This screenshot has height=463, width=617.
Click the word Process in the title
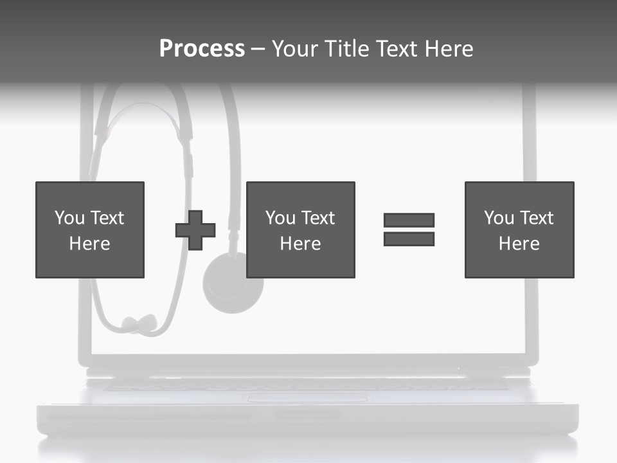point(202,49)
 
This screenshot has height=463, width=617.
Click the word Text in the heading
point(395,49)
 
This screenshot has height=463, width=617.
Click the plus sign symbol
point(195,230)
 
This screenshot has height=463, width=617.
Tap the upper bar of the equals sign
point(409,221)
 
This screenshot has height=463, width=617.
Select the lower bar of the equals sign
point(409,239)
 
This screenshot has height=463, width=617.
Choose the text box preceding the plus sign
point(90,230)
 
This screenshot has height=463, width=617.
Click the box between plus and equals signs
point(300,230)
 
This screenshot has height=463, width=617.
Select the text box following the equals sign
point(519,230)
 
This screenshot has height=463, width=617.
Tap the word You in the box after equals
point(499,218)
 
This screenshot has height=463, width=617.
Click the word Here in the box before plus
point(90,243)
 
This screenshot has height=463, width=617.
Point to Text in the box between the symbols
point(319,218)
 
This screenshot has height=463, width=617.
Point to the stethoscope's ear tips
point(139,323)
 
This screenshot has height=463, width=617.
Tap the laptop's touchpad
point(308,398)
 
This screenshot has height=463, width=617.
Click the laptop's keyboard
point(308,385)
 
